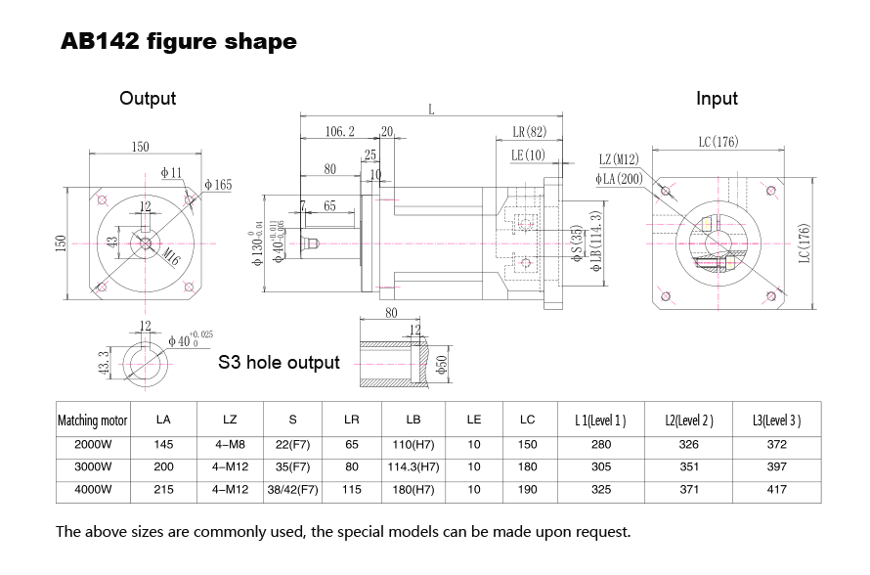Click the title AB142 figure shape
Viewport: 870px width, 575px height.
coord(179,42)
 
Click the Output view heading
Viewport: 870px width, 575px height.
coord(148,98)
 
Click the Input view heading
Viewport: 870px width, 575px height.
coord(717,98)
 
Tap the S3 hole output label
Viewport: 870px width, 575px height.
coord(279,363)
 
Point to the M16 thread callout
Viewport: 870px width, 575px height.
coord(172,257)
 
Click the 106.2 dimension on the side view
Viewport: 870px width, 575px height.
coord(339,131)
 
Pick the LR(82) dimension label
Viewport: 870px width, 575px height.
coord(529,132)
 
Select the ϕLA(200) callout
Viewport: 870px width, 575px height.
coord(618,178)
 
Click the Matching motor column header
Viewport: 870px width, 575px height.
coord(93,420)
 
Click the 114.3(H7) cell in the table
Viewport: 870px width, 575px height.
coord(413,466)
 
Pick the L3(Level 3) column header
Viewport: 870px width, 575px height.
coord(777,420)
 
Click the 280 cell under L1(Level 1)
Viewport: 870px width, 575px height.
coord(601,444)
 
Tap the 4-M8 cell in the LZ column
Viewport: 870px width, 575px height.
coord(230,444)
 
